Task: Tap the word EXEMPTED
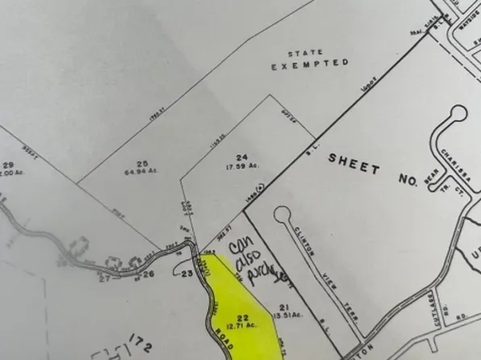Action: click(310, 63)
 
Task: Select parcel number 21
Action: click(282, 308)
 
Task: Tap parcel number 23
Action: click(187, 274)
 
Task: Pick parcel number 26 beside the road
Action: click(148, 274)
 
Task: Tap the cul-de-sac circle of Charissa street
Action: click(458, 113)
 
